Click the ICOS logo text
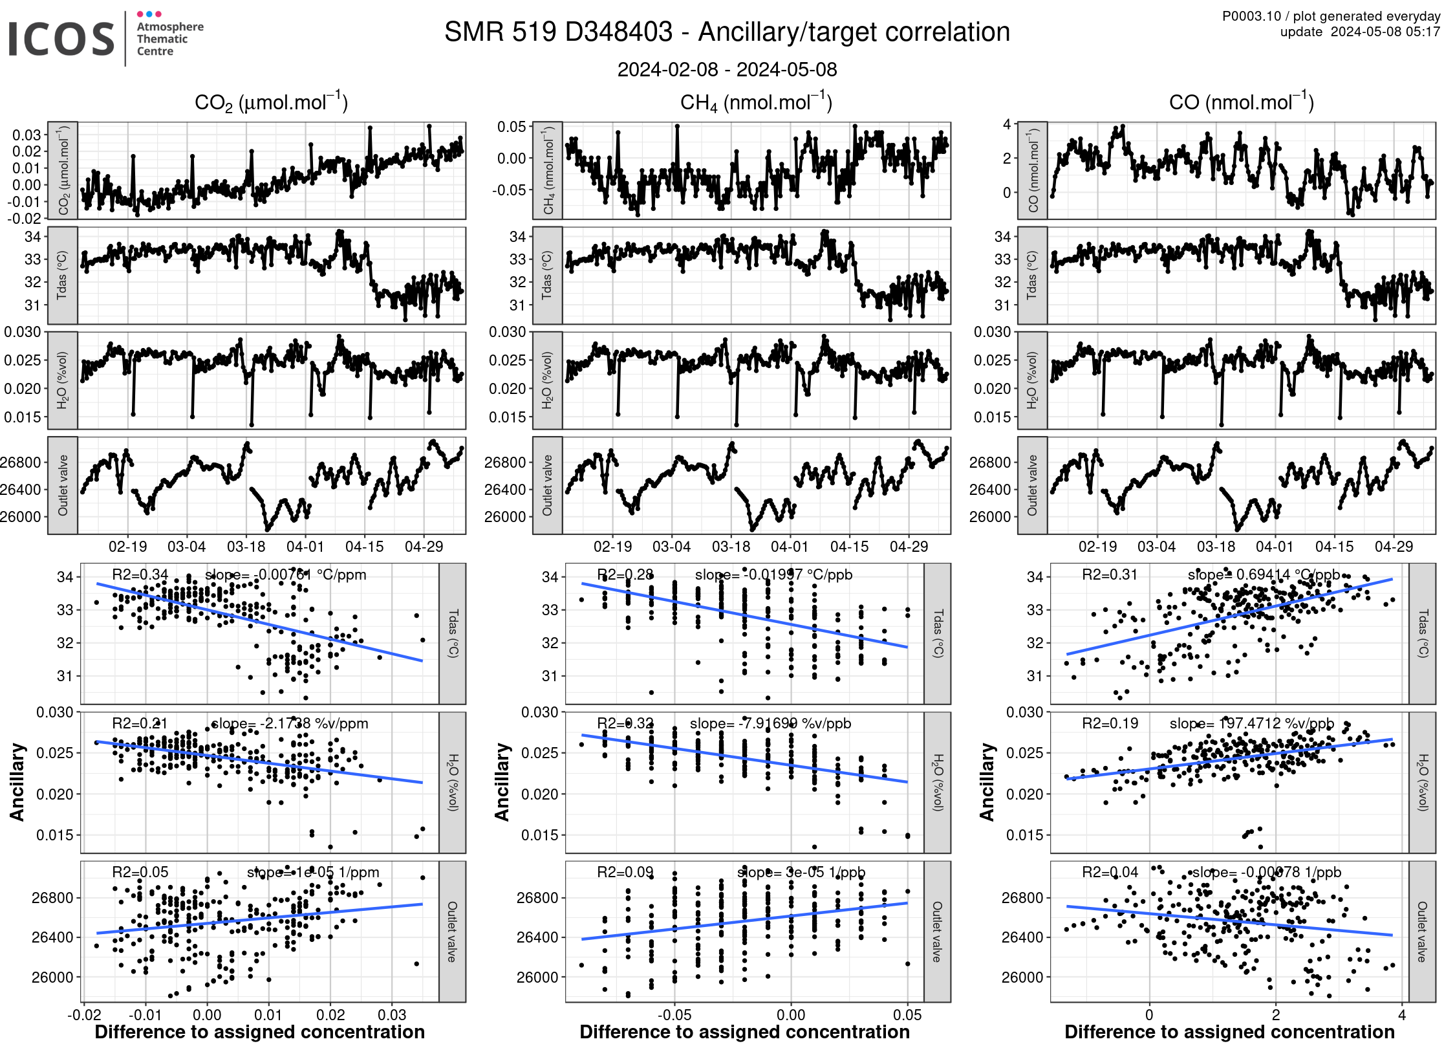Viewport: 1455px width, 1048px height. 61,39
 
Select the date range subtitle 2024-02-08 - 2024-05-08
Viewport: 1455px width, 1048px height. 727,70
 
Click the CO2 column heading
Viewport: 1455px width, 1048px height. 271,102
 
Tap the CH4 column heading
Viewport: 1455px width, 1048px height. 756,102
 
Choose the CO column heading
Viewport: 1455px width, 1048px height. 1241,102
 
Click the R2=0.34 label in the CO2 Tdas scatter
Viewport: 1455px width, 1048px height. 140,574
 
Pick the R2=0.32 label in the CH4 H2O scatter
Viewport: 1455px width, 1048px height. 625,723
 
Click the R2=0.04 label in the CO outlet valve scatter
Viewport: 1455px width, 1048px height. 1110,872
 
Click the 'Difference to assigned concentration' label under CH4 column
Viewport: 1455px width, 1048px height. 744,1032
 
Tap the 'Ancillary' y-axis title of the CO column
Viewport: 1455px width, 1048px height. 987,782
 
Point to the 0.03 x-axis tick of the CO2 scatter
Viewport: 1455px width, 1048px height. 392,1014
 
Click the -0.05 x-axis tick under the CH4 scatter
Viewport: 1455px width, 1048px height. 674,1014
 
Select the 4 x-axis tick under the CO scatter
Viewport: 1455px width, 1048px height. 1402,1014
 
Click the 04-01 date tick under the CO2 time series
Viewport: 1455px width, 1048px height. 305,547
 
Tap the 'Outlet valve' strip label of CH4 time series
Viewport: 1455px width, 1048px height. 548,485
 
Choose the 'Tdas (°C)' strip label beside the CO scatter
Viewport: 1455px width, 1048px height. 1423,633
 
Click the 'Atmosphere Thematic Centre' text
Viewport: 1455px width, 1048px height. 169,39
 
